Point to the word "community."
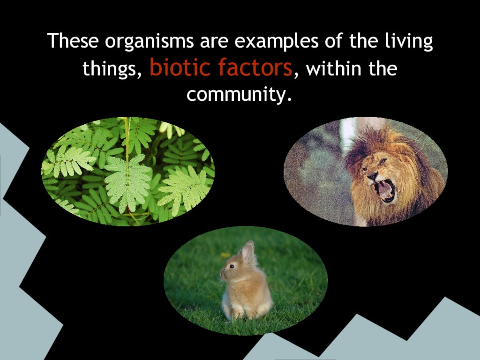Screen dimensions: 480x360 coord(239,95)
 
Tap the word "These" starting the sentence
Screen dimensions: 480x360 coord(73,40)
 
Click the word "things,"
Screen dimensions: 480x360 coord(112,68)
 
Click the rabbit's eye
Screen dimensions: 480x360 coord(232,266)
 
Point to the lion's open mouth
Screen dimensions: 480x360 coord(384,190)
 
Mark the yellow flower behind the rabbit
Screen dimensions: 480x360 coord(225,255)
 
